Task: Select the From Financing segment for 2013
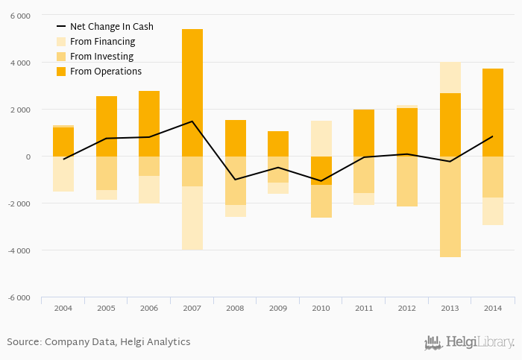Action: tap(450, 78)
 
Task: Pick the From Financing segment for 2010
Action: tap(321, 139)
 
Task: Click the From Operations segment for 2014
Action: tap(493, 113)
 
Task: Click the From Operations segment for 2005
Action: tap(107, 126)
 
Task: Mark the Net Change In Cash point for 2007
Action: tap(192, 121)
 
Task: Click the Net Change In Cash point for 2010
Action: tap(321, 181)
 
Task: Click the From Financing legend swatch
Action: tap(61, 42)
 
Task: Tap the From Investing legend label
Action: tap(101, 57)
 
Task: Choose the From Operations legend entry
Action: tap(105, 72)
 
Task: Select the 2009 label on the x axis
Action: tap(278, 307)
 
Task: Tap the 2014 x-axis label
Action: tap(493, 307)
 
